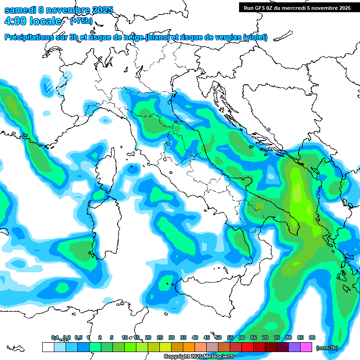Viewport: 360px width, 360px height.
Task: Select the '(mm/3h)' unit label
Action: (327, 348)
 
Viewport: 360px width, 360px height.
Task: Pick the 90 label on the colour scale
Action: (312, 337)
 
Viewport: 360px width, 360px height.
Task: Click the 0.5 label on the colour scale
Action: (78, 337)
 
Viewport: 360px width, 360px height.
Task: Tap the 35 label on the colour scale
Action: (183, 337)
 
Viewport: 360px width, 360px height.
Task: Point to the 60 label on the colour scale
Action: (242, 337)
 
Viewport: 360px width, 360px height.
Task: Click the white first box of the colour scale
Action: (48, 347)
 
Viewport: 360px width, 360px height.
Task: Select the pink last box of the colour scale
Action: (306, 347)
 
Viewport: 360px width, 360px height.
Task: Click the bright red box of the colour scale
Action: (247, 347)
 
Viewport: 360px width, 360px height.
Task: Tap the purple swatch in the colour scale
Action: (294, 347)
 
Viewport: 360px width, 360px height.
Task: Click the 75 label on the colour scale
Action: (277, 337)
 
